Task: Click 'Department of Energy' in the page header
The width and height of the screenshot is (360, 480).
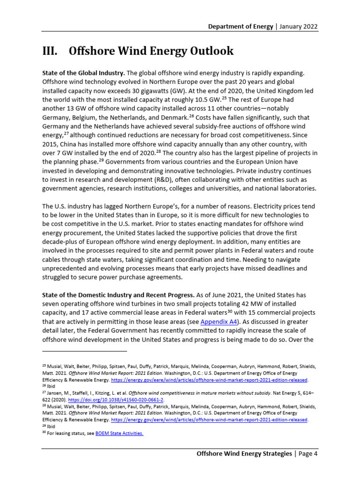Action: tap(240, 26)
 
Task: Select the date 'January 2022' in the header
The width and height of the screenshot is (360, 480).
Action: tap(299, 26)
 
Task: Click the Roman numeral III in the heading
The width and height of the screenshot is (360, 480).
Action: tap(50, 51)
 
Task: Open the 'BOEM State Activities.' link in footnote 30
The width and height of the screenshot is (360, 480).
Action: tap(119, 434)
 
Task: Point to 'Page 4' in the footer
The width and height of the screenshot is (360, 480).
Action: tap(307, 454)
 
